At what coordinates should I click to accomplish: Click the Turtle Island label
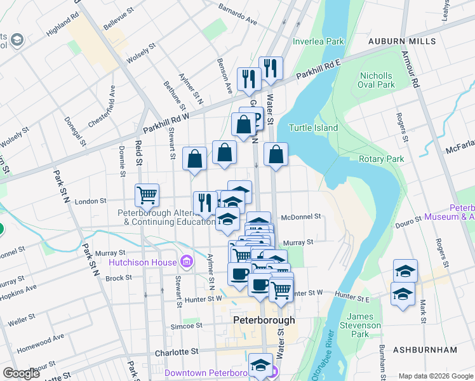(314, 128)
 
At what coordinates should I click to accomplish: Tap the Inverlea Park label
(318, 42)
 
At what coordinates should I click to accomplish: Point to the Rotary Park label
(381, 159)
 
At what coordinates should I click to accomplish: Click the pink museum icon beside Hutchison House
(185, 261)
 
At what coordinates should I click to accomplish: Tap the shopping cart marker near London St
(147, 195)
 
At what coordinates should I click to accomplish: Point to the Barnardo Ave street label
(237, 14)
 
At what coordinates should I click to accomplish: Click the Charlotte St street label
(177, 351)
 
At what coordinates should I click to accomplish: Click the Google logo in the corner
(22, 373)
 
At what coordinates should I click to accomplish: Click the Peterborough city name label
(264, 320)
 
